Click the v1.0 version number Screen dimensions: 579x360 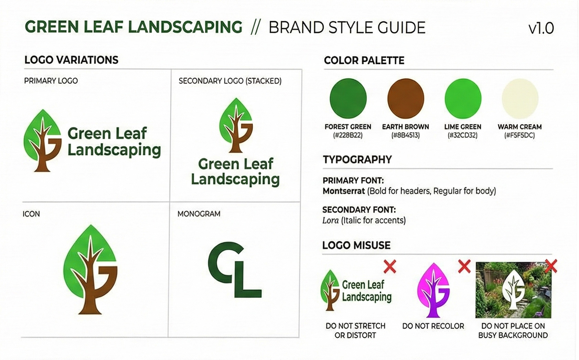pyautogui.click(x=541, y=28)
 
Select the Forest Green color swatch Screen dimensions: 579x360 pyautogui.click(x=348, y=98)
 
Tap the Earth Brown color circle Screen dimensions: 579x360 pyautogui.click(x=406, y=98)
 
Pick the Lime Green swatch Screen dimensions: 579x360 pyautogui.click(x=463, y=98)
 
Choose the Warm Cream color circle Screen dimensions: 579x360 pyautogui.click(x=520, y=98)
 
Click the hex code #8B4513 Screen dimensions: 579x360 pyautogui.click(x=406, y=135)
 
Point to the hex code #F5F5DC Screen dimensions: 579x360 pyautogui.click(x=519, y=135)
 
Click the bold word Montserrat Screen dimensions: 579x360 pyautogui.click(x=344, y=191)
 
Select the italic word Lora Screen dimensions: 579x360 pyautogui.click(x=331, y=220)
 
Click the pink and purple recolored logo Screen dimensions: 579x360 pyautogui.click(x=433, y=290)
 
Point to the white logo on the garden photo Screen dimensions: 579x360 pyautogui.click(x=513, y=290)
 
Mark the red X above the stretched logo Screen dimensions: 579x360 pyautogui.click(x=390, y=267)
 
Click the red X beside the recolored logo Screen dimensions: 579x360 pyautogui.click(x=464, y=266)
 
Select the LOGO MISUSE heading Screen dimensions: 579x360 pyautogui.click(x=356, y=245)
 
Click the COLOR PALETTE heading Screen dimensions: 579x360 pyautogui.click(x=364, y=61)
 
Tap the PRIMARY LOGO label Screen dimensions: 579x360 pyautogui.click(x=51, y=81)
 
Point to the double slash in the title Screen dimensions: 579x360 pyautogui.click(x=255, y=28)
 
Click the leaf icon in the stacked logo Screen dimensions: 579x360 pyautogui.click(x=236, y=125)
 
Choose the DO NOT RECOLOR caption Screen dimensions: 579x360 pyautogui.click(x=433, y=326)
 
